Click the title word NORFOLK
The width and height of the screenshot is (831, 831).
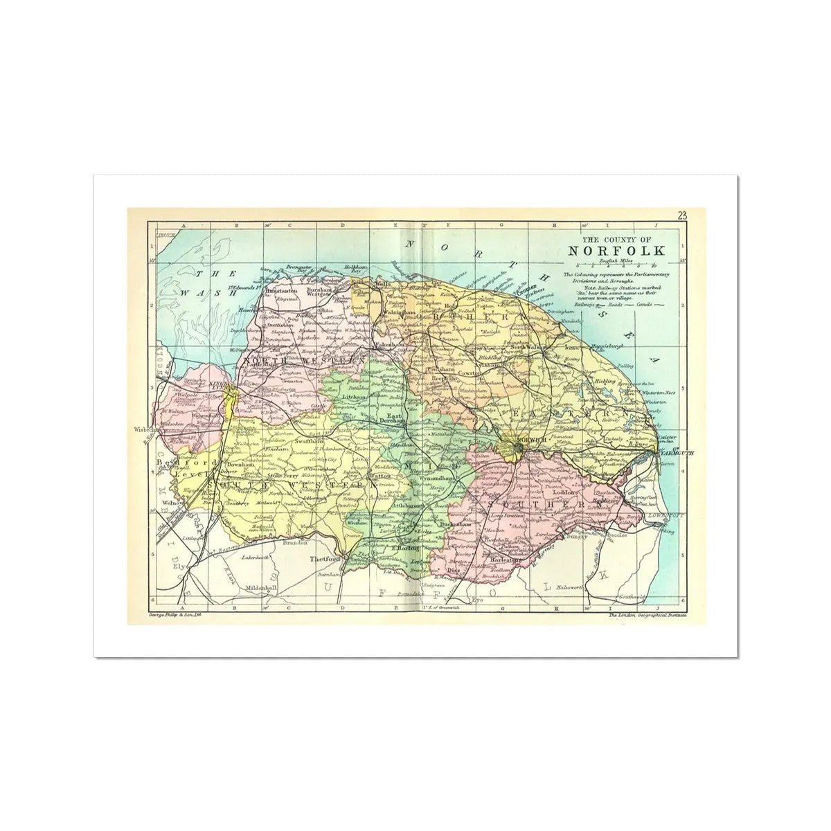click(x=616, y=250)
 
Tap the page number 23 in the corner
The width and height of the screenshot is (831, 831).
click(x=683, y=215)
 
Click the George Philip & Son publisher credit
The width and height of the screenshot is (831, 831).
click(x=174, y=614)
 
